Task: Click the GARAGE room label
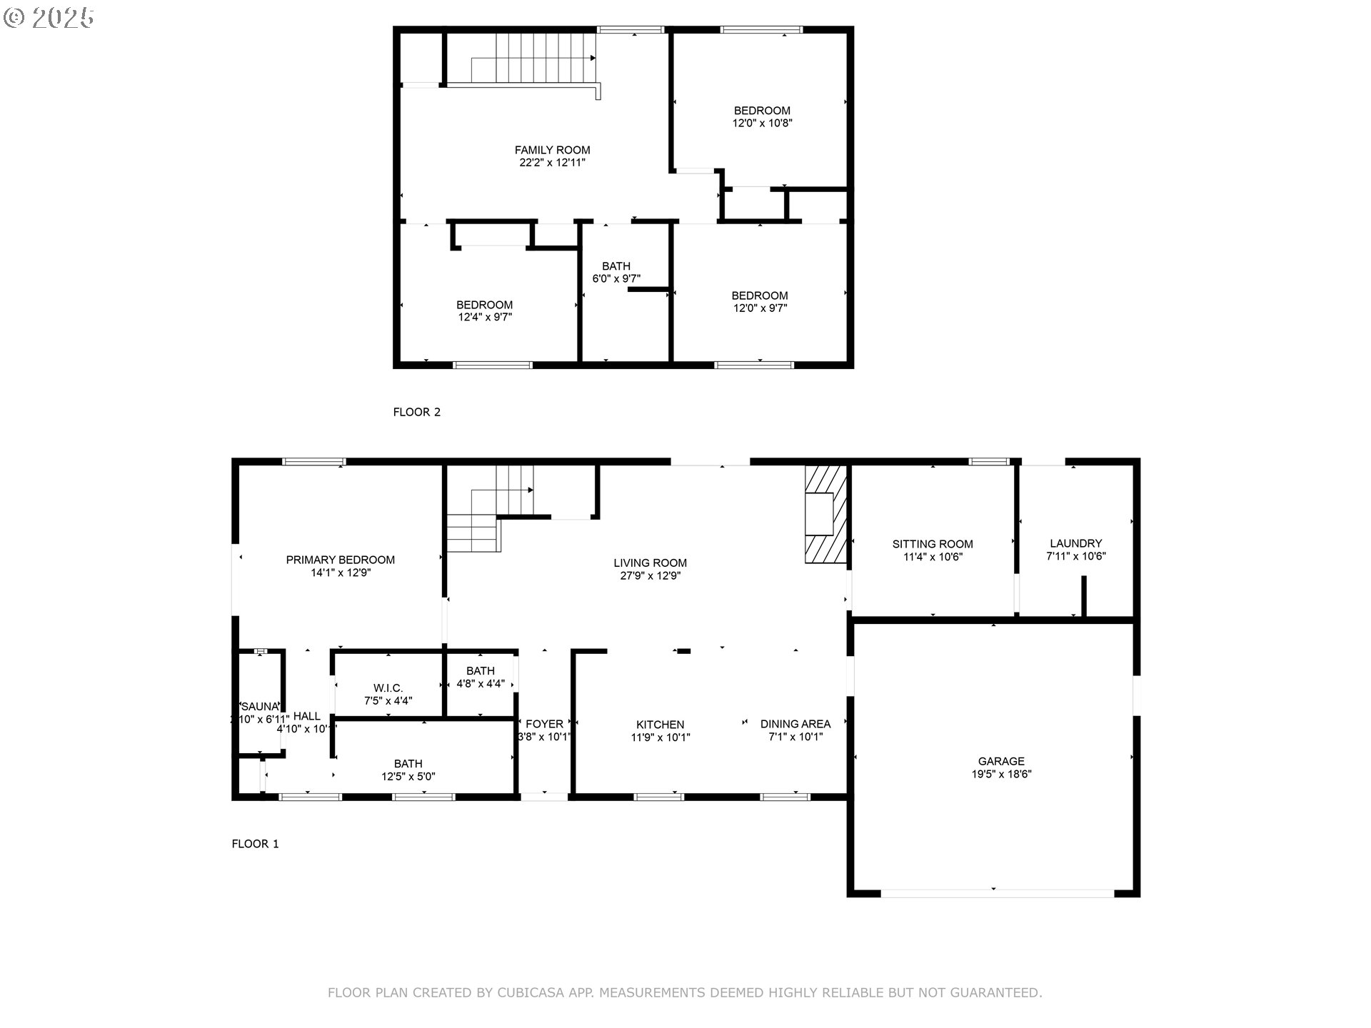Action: [x=1000, y=761]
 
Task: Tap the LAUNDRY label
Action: [x=1075, y=543]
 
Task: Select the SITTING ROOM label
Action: [x=933, y=544]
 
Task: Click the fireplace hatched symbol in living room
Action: [x=825, y=514]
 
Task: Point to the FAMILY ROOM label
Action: [x=552, y=150]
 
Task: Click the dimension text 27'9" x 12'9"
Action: [x=650, y=575]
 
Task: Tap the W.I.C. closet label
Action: [x=388, y=688]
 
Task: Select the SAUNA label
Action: [x=259, y=707]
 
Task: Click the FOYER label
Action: [x=544, y=724]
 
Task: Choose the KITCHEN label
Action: [x=661, y=725]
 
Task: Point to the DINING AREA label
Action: [x=795, y=724]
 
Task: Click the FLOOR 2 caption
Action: [x=416, y=412]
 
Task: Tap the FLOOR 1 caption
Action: [x=255, y=844]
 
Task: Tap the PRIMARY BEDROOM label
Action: [x=340, y=560]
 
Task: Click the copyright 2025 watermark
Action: [x=49, y=17]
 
